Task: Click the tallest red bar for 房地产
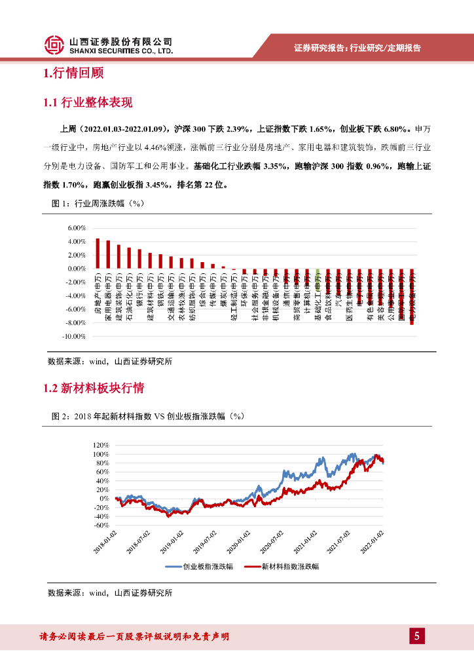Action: (x=98, y=253)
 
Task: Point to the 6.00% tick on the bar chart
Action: (x=77, y=228)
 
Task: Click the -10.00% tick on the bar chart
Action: (x=75, y=336)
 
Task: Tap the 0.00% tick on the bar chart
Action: (x=77, y=269)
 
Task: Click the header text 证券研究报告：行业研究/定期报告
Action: (x=357, y=48)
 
